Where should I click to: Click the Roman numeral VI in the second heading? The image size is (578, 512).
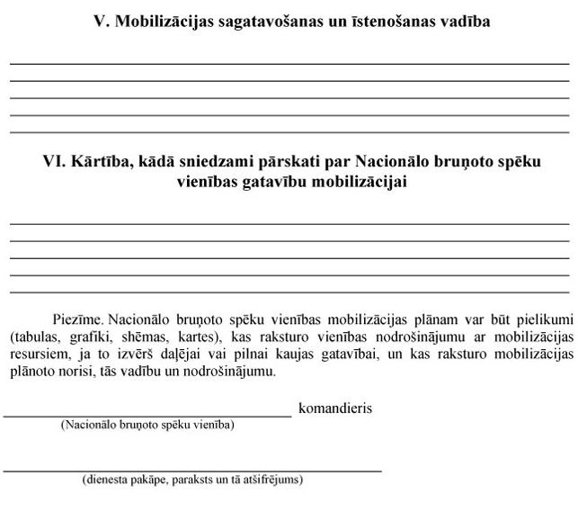pyautogui.click(x=53, y=163)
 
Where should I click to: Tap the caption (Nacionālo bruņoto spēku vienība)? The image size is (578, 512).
pyautogui.click(x=147, y=425)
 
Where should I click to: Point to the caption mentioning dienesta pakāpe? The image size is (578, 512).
pyautogui.click(x=192, y=480)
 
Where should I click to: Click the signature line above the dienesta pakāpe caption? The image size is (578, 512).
pyautogui.click(x=192, y=470)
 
